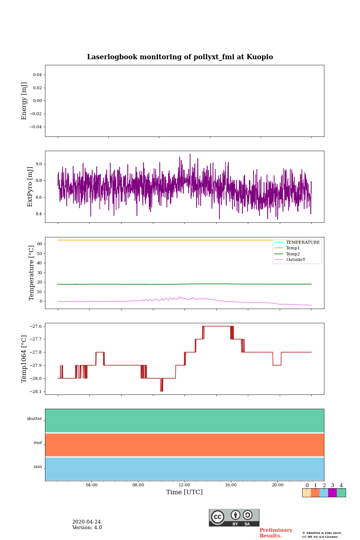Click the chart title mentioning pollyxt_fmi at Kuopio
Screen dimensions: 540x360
(x=180, y=57)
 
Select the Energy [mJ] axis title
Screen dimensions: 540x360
(x=24, y=101)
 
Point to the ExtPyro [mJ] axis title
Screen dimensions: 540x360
(x=30, y=187)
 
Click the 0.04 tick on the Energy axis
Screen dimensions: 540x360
(x=37, y=75)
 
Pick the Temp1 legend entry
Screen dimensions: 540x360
(x=293, y=248)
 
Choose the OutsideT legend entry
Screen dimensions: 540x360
(x=295, y=260)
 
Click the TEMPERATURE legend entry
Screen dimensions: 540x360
(x=303, y=243)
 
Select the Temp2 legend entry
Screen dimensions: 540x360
(x=293, y=254)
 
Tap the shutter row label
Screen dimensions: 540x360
(x=34, y=419)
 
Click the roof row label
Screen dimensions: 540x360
(x=38, y=443)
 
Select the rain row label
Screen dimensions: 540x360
(x=38, y=467)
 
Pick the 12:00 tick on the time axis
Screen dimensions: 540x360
(x=184, y=485)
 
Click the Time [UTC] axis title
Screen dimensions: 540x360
(x=184, y=492)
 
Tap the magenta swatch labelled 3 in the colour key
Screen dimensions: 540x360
(x=332, y=493)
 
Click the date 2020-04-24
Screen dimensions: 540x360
(x=86, y=522)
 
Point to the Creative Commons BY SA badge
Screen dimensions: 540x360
(x=234, y=517)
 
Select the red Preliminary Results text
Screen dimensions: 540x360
(x=276, y=533)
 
